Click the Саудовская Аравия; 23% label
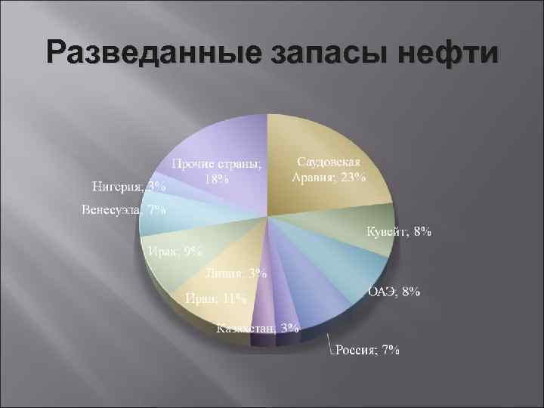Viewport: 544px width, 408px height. [x=329, y=171]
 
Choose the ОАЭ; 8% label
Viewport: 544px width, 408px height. [x=394, y=292]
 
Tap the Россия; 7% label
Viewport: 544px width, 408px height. [x=368, y=350]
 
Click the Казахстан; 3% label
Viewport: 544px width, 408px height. [x=258, y=328]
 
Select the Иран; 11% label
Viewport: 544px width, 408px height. [x=216, y=298]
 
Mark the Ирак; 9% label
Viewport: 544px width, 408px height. [x=174, y=252]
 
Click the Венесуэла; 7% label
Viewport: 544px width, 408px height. [x=125, y=209]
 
